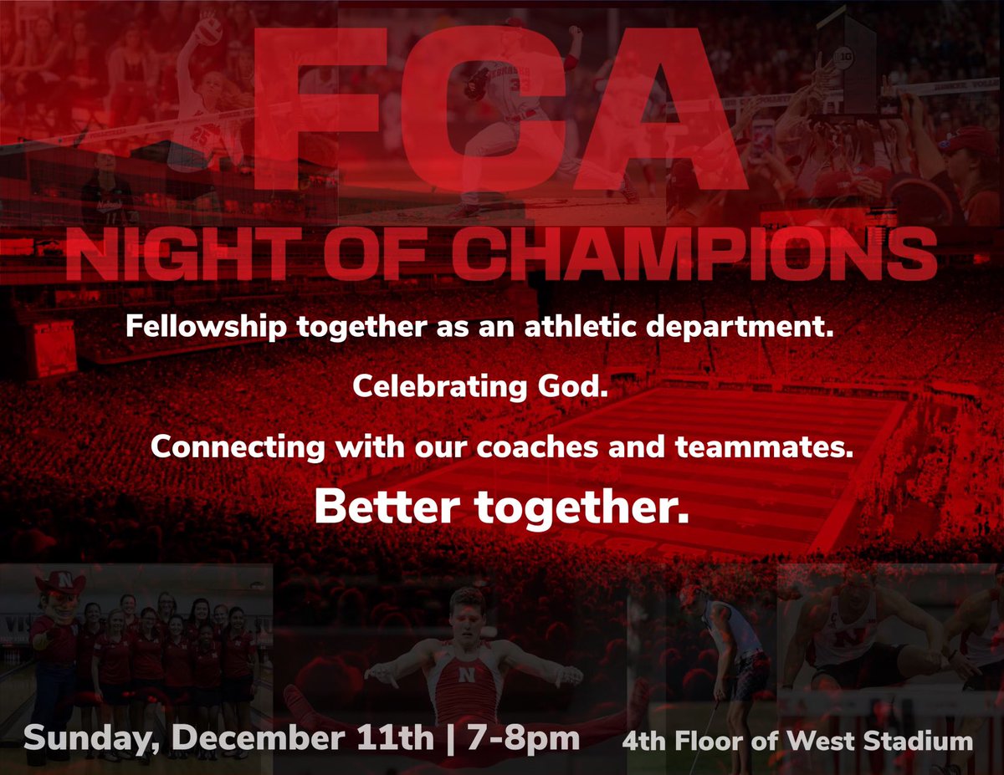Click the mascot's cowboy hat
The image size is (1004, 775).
click(x=54, y=581)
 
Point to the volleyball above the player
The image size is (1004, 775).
click(x=210, y=31)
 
